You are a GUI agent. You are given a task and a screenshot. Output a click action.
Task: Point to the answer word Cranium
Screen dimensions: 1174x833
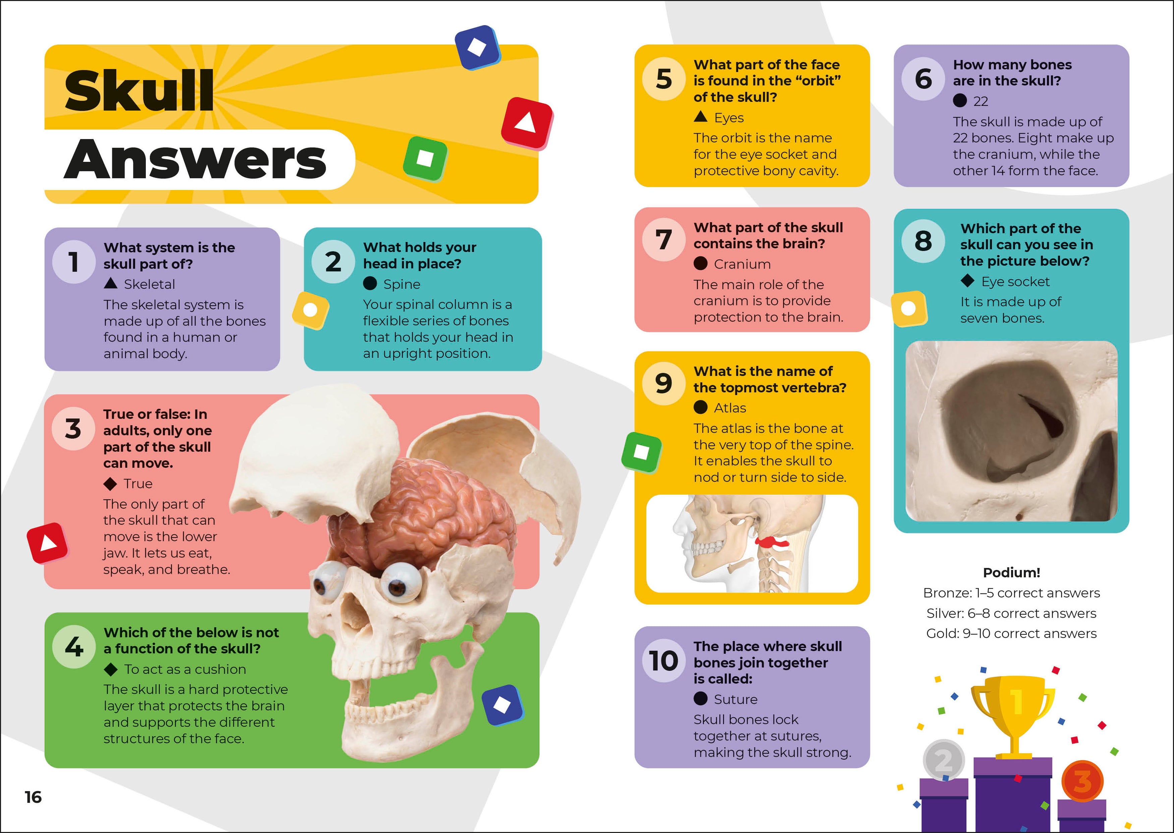pyautogui.click(x=742, y=264)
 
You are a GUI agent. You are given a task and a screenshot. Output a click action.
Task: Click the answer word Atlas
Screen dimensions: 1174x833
pyautogui.click(x=730, y=408)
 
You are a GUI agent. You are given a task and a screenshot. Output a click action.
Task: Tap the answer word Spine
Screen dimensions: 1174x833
pyautogui.click(x=402, y=284)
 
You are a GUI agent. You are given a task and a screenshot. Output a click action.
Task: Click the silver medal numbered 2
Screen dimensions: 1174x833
pyautogui.click(x=944, y=760)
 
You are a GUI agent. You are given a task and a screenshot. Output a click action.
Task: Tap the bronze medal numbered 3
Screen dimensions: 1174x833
pyautogui.click(x=1082, y=781)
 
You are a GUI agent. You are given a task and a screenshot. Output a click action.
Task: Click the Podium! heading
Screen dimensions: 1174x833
pyautogui.click(x=1011, y=572)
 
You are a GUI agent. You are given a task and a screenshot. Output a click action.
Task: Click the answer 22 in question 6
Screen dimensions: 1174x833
pyautogui.click(x=981, y=102)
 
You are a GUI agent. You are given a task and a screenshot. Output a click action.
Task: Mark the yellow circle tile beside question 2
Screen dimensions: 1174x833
pyautogui.click(x=310, y=310)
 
